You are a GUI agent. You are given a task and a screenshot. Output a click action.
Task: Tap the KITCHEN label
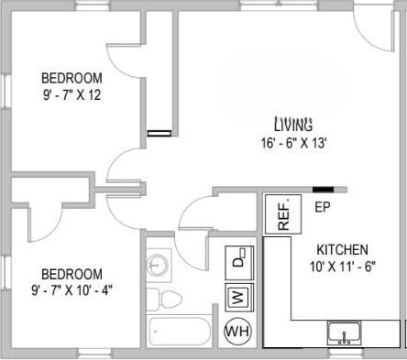pyautogui.click(x=342, y=249)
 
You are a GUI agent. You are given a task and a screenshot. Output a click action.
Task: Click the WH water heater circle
pyautogui.click(x=237, y=330)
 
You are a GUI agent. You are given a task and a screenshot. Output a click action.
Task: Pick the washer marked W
pyautogui.click(x=237, y=297)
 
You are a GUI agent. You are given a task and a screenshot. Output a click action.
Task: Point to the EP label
pyautogui.click(x=322, y=207)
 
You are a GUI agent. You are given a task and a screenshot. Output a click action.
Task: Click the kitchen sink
pyautogui.click(x=345, y=333)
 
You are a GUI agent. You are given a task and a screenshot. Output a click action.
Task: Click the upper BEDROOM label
pyautogui.click(x=72, y=78)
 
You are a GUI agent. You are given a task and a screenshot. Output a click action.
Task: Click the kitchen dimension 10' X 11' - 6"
pyautogui.click(x=342, y=267)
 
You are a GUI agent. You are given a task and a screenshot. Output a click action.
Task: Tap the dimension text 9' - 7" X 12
pyautogui.click(x=72, y=95)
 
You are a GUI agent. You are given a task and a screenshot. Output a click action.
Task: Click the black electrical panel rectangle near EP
pyautogui.click(x=323, y=190)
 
